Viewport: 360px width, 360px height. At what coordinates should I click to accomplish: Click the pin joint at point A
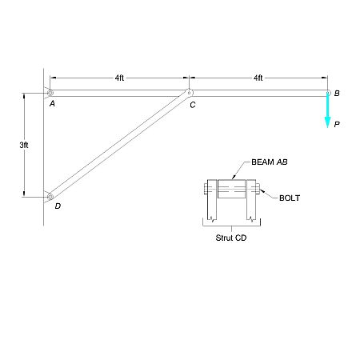(x=50, y=93)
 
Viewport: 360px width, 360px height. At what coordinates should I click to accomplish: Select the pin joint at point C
(x=189, y=93)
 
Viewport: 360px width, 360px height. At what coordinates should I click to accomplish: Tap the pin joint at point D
(x=50, y=195)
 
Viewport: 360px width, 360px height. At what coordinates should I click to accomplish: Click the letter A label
(x=51, y=104)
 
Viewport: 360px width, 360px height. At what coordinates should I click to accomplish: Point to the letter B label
(x=337, y=94)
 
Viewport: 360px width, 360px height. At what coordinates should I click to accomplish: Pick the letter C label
(x=193, y=105)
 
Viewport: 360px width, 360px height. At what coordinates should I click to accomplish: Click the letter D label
(x=57, y=206)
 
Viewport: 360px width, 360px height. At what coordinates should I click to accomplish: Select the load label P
(x=337, y=124)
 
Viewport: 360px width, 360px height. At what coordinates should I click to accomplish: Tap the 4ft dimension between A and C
(x=119, y=78)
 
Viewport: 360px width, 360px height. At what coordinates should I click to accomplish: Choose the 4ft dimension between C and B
(x=258, y=78)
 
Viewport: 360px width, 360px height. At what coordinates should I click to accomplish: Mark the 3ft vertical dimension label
(x=25, y=145)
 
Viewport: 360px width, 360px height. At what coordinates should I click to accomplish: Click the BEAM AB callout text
(x=269, y=162)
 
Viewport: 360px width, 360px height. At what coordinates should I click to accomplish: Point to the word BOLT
(x=289, y=198)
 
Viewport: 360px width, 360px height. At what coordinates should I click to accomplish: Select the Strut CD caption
(x=232, y=238)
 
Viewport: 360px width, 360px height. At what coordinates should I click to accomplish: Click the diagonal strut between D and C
(x=119, y=144)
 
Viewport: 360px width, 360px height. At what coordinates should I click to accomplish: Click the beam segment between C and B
(x=258, y=93)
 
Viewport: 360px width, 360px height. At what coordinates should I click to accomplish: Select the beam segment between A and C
(x=119, y=93)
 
